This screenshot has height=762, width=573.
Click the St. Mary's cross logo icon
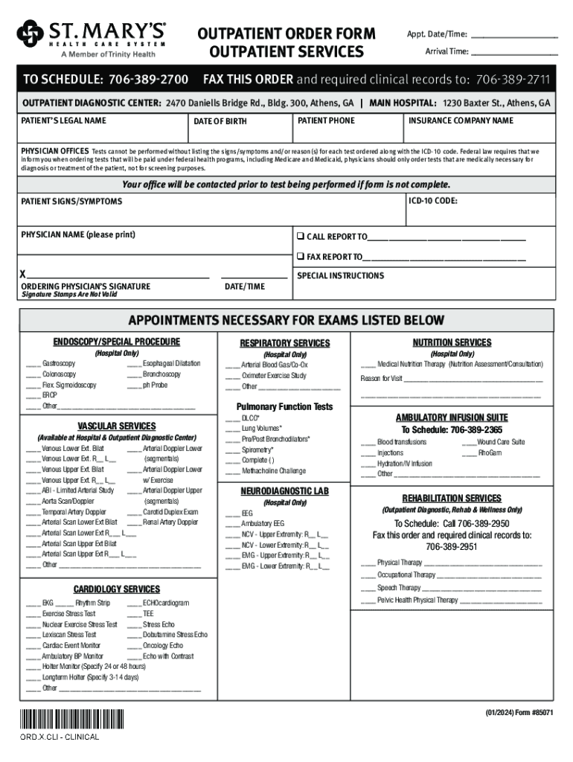pyautogui.click(x=30, y=33)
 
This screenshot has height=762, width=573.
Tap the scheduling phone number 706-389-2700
pyautogui.click(x=152, y=80)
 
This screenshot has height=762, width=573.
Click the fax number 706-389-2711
pyautogui.click(x=513, y=80)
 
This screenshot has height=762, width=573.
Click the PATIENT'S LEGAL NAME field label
pyautogui.click(x=63, y=121)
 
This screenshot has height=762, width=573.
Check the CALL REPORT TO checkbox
pyautogui.click(x=301, y=237)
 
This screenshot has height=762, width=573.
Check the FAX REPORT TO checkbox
pyautogui.click(x=301, y=257)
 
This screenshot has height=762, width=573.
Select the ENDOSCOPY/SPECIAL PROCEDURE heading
pyautogui.click(x=116, y=342)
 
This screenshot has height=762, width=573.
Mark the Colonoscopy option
pyautogui.click(x=58, y=374)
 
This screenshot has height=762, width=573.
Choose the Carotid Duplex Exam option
pyautogui.click(x=170, y=512)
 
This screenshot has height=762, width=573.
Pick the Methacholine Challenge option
pyautogui.click(x=273, y=470)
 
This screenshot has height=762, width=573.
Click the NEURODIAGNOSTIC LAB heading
pyautogui.click(x=284, y=491)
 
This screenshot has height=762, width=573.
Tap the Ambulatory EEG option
pyautogui.click(x=263, y=523)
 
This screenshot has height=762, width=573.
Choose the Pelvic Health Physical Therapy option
pyautogui.click(x=417, y=600)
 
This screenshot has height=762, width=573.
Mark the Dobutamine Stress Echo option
pyautogui.click(x=175, y=635)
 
